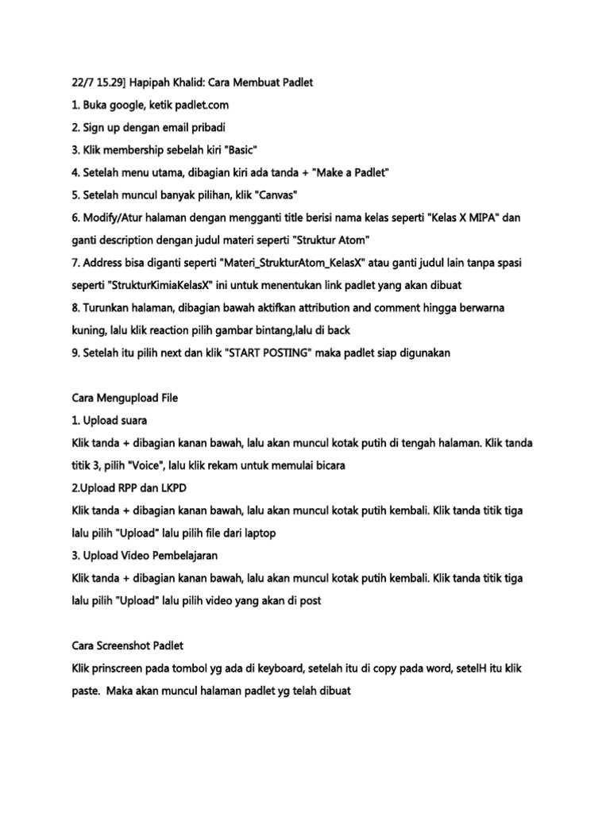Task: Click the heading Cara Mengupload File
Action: (x=125, y=398)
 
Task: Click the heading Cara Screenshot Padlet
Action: (x=128, y=645)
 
